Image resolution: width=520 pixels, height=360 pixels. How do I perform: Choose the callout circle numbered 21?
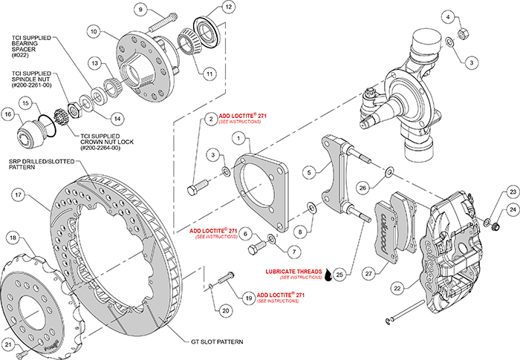click(10, 344)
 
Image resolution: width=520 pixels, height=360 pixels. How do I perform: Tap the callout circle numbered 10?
click(94, 32)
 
